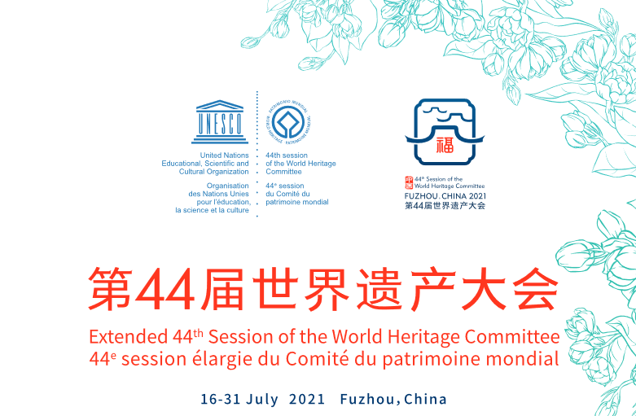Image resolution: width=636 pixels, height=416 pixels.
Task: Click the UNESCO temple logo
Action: point(220,119)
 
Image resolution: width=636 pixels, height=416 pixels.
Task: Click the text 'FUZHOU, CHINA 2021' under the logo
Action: point(445,196)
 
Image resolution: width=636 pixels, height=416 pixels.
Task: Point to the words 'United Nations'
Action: point(224,155)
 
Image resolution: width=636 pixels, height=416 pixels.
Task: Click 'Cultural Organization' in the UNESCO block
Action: point(215,172)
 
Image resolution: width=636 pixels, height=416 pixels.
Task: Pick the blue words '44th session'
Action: point(285,155)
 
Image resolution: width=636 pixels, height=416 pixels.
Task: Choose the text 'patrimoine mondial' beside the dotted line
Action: point(297,201)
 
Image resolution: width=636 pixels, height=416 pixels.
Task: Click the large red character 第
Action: point(111,290)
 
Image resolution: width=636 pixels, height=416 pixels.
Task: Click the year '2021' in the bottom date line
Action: point(307,399)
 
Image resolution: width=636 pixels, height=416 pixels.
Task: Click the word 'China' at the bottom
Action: point(426,399)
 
